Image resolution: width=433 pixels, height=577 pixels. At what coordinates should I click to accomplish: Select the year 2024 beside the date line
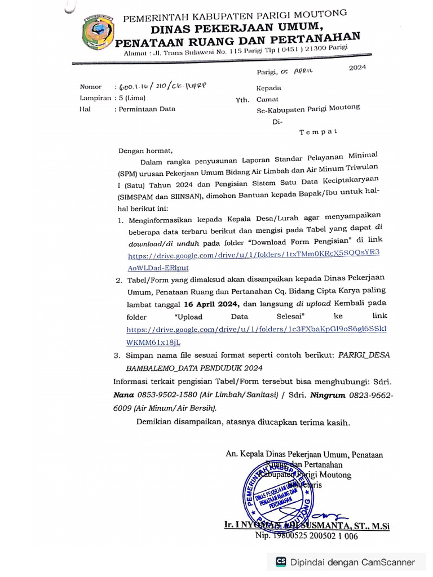pos(357,67)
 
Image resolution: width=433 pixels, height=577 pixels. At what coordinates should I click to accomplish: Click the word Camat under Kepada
pos(268,99)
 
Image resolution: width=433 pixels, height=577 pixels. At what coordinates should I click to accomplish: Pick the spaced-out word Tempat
pos(319,131)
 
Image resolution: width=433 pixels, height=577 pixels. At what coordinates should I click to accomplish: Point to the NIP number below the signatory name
pos(306,536)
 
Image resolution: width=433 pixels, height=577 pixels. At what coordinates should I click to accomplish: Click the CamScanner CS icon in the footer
pos(280,561)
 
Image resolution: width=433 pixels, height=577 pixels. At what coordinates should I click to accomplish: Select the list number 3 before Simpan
pos(117,356)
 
